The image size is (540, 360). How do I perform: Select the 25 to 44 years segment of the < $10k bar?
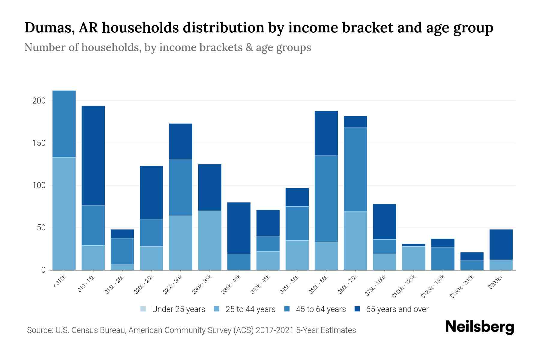tap(64, 213)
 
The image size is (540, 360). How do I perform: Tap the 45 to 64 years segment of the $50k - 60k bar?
tap(326, 199)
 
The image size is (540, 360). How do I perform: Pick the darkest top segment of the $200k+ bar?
tap(501, 244)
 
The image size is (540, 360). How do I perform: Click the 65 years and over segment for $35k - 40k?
tap(239, 228)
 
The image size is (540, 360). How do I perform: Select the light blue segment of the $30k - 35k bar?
tap(210, 240)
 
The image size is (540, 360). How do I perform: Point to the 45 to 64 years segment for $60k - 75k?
tap(355, 169)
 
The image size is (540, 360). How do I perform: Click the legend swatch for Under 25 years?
tap(143, 309)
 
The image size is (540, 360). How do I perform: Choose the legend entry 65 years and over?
tap(397, 309)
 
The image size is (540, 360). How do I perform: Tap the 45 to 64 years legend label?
tap(321, 309)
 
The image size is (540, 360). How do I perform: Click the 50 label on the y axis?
tap(41, 228)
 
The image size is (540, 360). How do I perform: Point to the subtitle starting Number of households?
tap(167, 47)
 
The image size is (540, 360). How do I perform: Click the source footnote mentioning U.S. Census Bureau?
tap(191, 330)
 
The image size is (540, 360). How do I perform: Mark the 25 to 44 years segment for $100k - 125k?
tap(413, 258)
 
